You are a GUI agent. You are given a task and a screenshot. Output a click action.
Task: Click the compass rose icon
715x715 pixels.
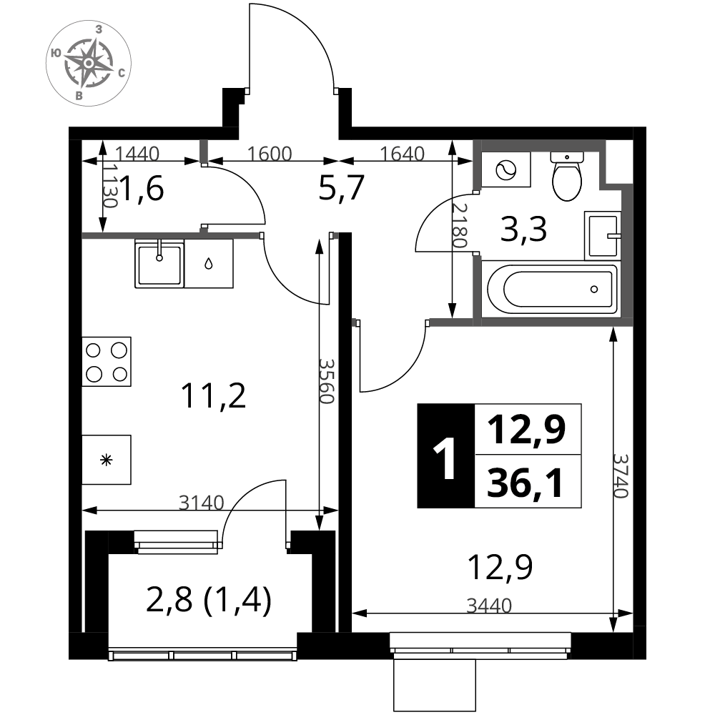(89, 63)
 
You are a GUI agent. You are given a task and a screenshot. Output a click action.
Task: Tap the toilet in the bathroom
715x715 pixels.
(567, 177)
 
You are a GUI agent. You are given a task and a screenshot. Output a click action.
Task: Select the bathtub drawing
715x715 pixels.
(552, 289)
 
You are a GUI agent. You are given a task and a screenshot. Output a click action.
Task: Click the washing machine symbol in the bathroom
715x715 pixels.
(506, 169)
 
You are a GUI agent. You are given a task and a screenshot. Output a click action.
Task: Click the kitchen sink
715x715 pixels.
(159, 264)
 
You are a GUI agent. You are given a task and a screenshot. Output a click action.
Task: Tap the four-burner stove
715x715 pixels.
(107, 362)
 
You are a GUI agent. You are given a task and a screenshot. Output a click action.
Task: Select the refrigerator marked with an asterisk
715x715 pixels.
(107, 460)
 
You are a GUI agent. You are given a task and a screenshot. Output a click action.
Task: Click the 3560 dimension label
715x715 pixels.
(327, 381)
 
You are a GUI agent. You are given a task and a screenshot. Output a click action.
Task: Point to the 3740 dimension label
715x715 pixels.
(621, 475)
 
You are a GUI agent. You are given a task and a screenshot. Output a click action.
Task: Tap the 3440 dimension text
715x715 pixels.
(489, 606)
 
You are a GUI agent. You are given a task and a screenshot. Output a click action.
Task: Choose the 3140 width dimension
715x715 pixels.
(201, 503)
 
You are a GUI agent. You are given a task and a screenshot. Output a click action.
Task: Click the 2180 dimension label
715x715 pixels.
(460, 225)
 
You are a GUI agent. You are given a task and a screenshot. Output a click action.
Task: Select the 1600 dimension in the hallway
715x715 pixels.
(270, 154)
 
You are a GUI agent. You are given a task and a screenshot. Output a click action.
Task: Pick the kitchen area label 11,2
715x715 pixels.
(213, 396)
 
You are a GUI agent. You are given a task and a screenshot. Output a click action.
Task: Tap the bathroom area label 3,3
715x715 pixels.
(523, 230)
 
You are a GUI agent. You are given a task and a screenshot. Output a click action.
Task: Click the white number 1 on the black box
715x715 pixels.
(445, 458)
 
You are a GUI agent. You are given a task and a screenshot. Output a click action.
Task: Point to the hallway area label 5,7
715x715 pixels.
(342, 187)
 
